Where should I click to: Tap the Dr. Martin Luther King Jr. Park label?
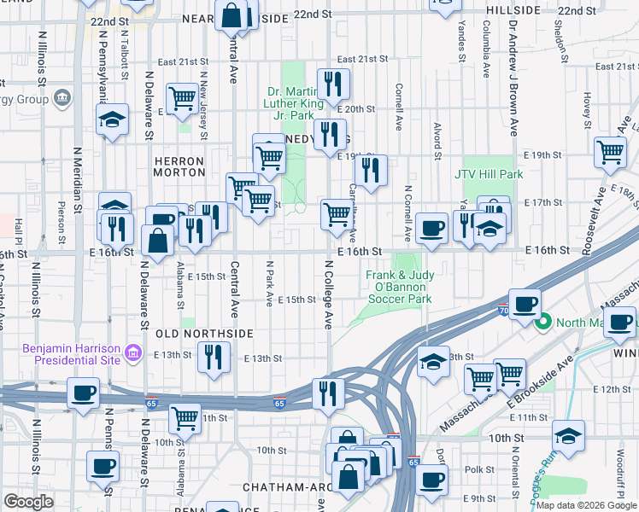pyautogui.click(x=296, y=103)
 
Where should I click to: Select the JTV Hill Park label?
pyautogui.click(x=492, y=174)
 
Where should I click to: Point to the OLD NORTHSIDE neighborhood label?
pyautogui.click(x=204, y=333)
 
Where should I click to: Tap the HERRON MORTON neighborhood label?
pyautogui.click(x=179, y=166)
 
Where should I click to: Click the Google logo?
pyautogui.click(x=28, y=502)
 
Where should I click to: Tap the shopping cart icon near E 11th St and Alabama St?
pyautogui.click(x=185, y=417)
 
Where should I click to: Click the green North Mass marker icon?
pyautogui.click(x=542, y=323)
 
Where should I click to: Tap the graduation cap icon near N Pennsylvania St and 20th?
pyautogui.click(x=112, y=120)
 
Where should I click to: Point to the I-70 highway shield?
pyautogui.click(x=502, y=313)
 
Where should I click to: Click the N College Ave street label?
pyautogui.click(x=326, y=294)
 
